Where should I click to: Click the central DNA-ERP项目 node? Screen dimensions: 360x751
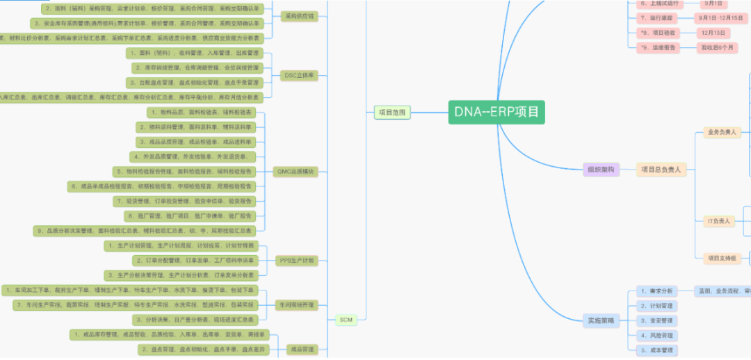(496, 112)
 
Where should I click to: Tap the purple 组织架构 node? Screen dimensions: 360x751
(600, 170)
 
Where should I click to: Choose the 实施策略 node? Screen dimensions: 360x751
(600, 320)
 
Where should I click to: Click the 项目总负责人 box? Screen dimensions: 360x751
(661, 169)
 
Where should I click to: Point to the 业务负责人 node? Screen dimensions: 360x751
(722, 131)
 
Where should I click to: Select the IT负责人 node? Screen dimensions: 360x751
(719, 221)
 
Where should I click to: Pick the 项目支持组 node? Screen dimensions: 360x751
(722, 258)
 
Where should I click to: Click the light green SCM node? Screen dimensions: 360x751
(346, 320)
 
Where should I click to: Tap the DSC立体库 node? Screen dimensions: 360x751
(299, 75)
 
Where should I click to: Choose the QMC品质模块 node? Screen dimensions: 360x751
(296, 171)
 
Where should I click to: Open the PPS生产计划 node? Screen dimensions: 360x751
(296, 261)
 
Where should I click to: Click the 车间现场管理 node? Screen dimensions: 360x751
(297, 304)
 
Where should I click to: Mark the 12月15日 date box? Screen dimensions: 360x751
(713, 33)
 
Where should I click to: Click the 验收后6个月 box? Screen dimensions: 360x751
(718, 47)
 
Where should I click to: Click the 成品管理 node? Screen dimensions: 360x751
(302, 349)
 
